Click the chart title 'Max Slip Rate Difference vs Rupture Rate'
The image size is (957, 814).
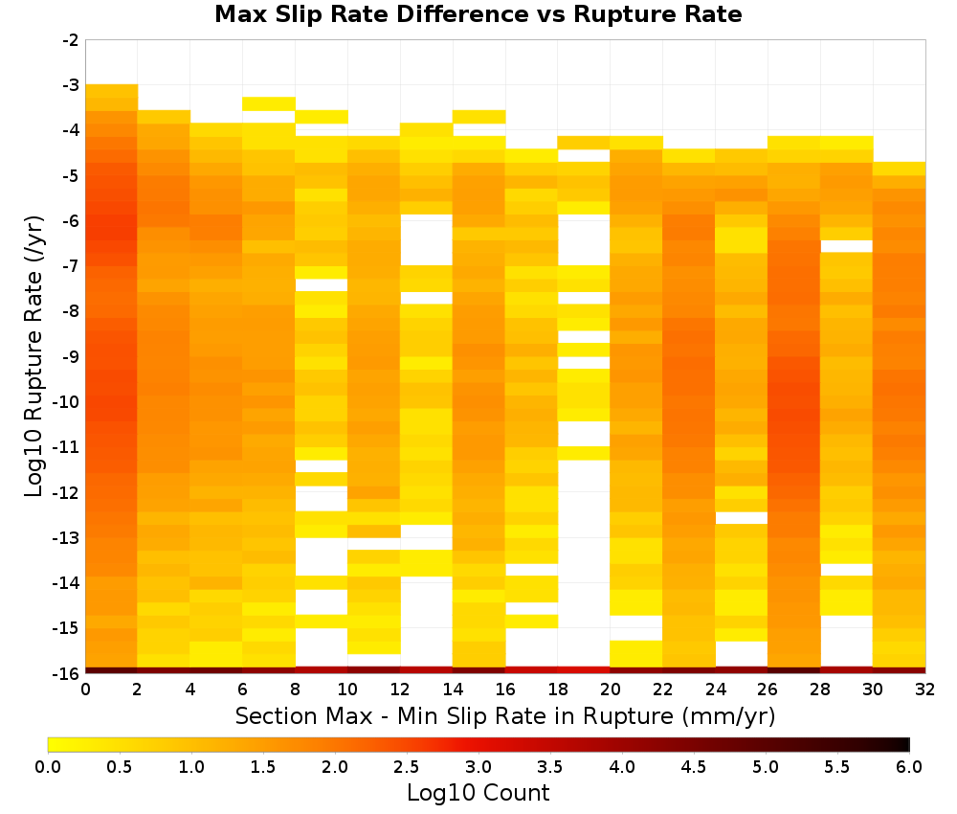478,13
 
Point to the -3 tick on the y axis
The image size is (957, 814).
71,85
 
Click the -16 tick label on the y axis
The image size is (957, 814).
67,673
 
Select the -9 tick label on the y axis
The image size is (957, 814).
71,356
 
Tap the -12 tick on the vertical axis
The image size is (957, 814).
67,492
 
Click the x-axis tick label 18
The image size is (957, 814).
558,690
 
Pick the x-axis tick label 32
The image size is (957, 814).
925,690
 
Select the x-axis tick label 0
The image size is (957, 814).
85,690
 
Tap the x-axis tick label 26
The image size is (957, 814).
768,690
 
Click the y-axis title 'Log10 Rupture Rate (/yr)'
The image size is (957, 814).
33,356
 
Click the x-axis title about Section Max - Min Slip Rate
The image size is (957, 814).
505,716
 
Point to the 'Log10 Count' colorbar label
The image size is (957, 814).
478,793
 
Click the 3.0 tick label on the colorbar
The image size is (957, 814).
478,767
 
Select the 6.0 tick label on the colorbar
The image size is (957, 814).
909,767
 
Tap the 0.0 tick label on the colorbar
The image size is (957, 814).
48,767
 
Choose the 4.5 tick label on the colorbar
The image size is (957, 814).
694,767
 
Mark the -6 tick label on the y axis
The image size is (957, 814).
71,221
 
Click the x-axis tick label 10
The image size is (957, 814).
348,690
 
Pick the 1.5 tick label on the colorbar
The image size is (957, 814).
263,767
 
